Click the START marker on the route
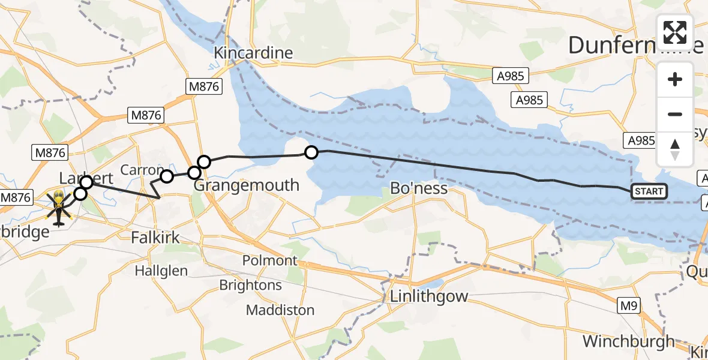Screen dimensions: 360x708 649,191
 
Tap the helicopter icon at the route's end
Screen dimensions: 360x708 59,208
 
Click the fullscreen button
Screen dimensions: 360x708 675,32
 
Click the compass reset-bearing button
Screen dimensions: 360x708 675,149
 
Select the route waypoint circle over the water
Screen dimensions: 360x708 311,152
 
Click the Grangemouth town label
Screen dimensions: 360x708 246,185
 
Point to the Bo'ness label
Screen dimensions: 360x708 419,188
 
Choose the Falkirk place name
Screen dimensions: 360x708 155,238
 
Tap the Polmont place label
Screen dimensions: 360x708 270,260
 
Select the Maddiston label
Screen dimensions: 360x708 280,310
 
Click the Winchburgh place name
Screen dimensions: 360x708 628,341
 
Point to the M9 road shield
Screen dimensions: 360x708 629,306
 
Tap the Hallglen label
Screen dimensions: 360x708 161,271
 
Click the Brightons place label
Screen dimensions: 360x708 250,285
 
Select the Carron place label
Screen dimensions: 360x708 142,170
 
